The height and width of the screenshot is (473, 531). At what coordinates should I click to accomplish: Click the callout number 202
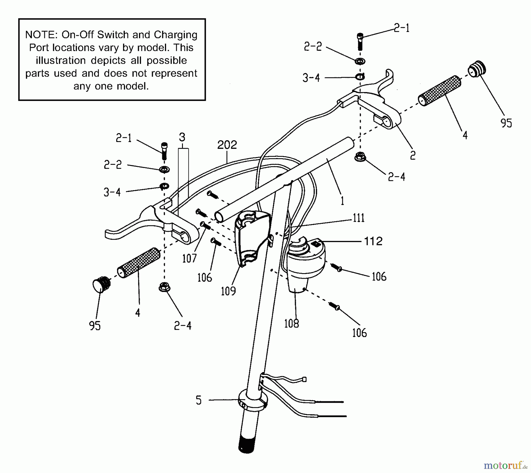click(x=227, y=145)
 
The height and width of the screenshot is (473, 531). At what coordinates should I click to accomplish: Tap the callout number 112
click(x=373, y=242)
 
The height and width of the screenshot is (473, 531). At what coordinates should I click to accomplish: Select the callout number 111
click(x=359, y=218)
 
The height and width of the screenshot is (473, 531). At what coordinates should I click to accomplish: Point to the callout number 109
click(x=228, y=291)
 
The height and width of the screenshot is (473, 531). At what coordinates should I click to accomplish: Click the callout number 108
click(x=291, y=324)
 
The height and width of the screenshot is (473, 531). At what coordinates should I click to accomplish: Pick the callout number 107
click(x=189, y=259)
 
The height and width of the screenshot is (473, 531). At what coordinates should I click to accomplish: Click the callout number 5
click(x=199, y=400)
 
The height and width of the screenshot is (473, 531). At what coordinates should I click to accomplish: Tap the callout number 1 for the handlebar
click(x=342, y=201)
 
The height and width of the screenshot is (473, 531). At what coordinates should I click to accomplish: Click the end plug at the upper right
click(x=476, y=69)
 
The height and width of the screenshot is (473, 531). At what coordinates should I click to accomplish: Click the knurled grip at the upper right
click(x=440, y=91)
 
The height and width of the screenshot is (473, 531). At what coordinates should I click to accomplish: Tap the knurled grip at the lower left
click(x=139, y=263)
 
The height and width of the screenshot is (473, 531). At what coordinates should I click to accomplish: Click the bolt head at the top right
click(x=360, y=37)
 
